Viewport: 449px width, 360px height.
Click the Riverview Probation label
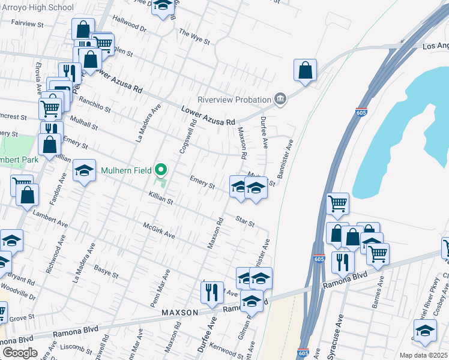[x=235, y=100]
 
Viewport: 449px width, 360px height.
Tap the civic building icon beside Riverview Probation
[x=280, y=99]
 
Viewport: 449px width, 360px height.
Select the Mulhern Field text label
[x=125, y=170]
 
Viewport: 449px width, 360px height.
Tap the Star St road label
[x=245, y=221]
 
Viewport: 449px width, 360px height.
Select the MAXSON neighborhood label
[x=179, y=313]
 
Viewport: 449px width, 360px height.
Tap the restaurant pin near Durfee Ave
[x=212, y=292]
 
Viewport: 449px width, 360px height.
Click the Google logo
[x=20, y=353]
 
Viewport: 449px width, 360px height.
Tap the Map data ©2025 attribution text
[x=423, y=355]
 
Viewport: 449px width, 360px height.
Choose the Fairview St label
[x=28, y=25]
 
